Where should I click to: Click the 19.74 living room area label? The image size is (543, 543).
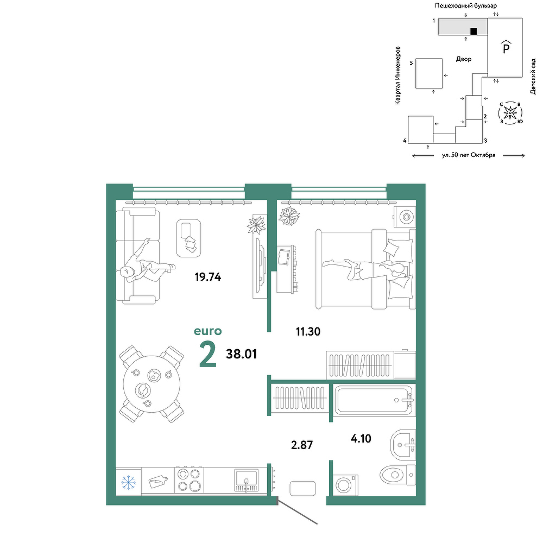208,277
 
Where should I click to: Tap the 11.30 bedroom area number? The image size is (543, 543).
308,331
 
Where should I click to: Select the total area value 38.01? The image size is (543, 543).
242,354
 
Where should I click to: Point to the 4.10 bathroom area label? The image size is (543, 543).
361,438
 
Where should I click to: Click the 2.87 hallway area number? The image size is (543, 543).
302,445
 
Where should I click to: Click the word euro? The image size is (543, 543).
208,331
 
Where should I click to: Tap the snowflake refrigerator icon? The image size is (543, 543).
129,482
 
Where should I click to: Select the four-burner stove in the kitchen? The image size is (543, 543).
189,479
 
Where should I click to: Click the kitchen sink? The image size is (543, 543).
246,480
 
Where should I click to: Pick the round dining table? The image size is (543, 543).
151,384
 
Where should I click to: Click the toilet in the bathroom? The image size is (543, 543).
397,472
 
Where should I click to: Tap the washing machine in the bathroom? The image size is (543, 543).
345,485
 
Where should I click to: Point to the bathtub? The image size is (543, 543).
374,400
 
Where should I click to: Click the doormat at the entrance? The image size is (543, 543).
302,488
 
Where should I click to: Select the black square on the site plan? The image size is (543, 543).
473,31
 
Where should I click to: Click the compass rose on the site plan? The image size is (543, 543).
510,113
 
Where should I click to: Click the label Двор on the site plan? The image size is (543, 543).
464,59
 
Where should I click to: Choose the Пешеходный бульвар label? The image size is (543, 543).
466,5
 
